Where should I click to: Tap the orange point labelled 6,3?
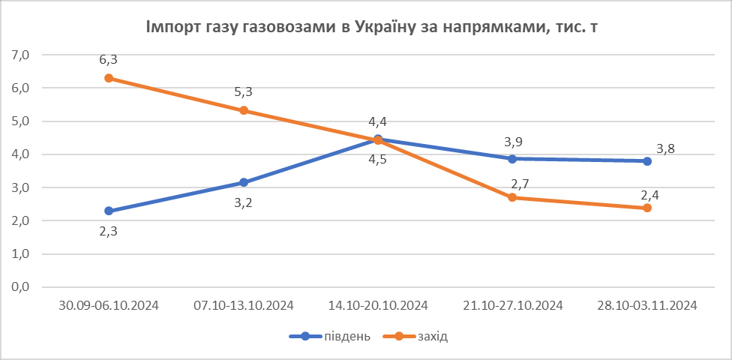click(x=109, y=78)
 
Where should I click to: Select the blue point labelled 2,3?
click(x=109, y=211)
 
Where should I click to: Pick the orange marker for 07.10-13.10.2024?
click(x=243, y=110)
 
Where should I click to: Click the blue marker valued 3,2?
click(x=243, y=182)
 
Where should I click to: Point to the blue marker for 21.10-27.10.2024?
click(x=512, y=159)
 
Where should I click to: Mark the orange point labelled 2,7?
click(x=512, y=197)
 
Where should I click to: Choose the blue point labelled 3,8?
click(x=646, y=161)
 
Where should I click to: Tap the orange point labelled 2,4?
click(x=646, y=208)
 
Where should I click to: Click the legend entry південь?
click(x=331, y=336)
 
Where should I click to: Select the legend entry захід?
click(x=423, y=336)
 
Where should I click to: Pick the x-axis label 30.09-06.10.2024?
click(x=109, y=306)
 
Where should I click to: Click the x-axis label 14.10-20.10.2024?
click(x=378, y=306)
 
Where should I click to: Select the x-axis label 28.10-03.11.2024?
click(x=646, y=306)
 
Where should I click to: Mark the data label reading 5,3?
click(x=243, y=92)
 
